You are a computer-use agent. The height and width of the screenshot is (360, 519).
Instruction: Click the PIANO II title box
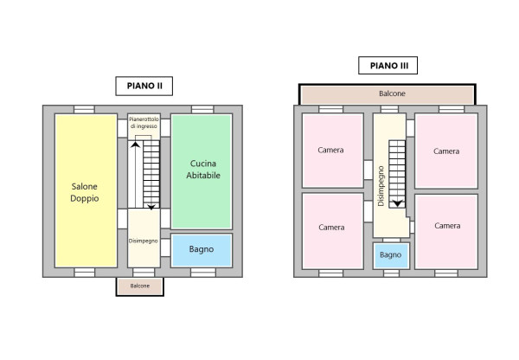point(144,86)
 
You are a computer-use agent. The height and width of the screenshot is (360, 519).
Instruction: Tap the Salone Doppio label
point(85,192)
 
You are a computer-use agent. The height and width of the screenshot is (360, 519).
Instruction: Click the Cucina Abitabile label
point(202,169)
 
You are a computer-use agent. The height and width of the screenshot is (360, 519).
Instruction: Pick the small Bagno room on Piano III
point(390,255)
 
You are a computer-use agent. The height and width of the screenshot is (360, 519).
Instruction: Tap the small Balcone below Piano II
point(140,286)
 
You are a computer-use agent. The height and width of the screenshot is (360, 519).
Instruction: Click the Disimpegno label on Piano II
point(143,241)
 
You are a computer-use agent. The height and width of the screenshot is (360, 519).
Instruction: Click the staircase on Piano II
point(151,173)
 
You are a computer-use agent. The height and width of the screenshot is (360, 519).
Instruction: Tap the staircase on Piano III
point(397,173)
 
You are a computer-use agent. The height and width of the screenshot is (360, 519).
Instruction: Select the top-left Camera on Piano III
point(331,151)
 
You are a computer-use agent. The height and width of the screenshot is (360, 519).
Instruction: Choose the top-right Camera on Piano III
point(446,151)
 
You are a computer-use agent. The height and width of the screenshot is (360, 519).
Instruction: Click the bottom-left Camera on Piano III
point(331,227)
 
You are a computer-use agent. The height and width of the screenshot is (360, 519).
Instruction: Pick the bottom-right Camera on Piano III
point(446,226)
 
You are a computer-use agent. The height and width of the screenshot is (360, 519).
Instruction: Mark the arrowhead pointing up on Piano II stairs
point(135,145)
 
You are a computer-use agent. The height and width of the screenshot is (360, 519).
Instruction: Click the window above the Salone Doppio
point(84,109)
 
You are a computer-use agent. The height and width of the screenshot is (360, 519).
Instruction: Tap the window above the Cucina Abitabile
point(202,109)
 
